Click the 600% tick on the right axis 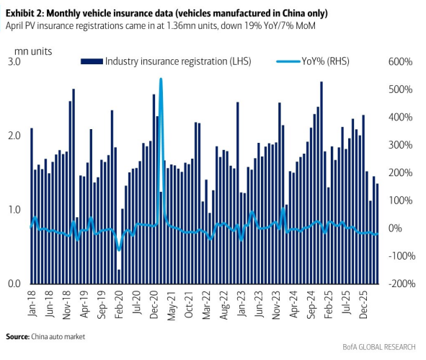point(400,62)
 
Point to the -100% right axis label point(401,256)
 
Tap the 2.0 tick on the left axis point(14,136)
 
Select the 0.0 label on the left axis point(14,284)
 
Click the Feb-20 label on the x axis point(119,304)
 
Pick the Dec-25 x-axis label point(363,304)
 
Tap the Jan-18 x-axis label point(32,304)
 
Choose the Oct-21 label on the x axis point(189,304)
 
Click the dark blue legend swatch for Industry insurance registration point(92,61)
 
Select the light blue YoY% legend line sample point(288,61)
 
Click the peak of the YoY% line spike point(161,79)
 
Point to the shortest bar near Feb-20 point(119,277)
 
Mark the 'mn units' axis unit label point(33,51)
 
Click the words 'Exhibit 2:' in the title point(24,13)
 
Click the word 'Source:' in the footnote point(17,337)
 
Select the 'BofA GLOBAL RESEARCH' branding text point(379,347)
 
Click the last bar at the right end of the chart point(377,234)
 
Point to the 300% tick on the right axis point(400,145)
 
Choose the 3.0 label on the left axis point(14,62)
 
